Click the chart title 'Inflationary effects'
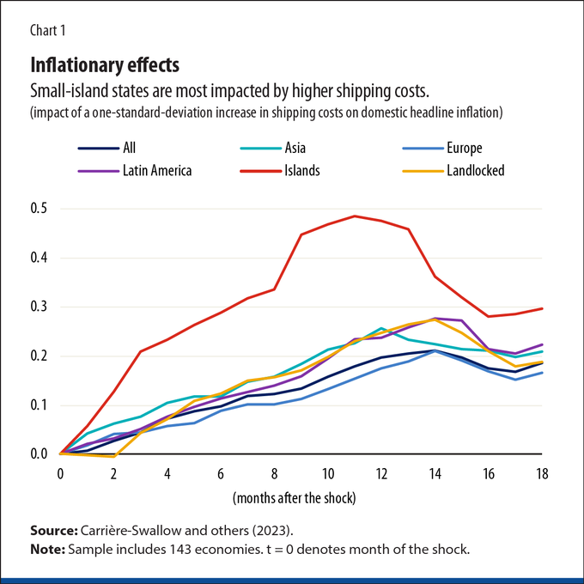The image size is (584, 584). tap(105, 65)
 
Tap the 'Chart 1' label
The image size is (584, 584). tap(48, 31)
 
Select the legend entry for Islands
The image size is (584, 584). tap(280, 171)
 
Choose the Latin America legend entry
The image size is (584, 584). tap(135, 171)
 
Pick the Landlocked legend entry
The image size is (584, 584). tap(453, 171)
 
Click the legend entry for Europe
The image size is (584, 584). tap(442, 149)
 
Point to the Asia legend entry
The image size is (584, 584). tap(273, 149)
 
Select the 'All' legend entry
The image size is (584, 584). tap(106, 149)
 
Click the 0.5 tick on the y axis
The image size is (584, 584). tap(39, 209)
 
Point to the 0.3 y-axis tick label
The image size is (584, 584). tap(39, 307)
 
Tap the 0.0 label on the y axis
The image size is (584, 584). tap(39, 454)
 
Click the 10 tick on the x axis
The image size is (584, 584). tap(328, 474)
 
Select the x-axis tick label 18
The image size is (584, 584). tap(542, 474)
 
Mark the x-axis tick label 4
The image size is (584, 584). tap(167, 474)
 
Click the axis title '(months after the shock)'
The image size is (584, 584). tap(295, 498)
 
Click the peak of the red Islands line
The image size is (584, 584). tap(355, 216)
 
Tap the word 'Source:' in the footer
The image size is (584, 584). tap(54, 531)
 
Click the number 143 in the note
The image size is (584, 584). tap(182, 550)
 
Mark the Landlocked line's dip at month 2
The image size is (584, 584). tap(113, 456)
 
